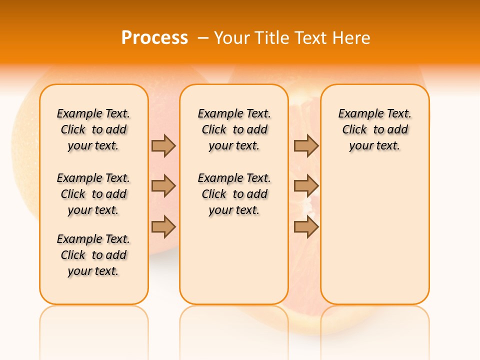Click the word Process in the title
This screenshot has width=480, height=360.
pyautogui.click(x=154, y=38)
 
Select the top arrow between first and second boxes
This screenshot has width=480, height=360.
pyautogui.click(x=163, y=145)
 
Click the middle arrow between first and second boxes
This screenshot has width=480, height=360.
pyautogui.click(x=163, y=186)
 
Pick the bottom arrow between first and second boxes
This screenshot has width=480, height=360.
pyautogui.click(x=163, y=226)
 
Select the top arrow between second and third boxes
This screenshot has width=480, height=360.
pyautogui.click(x=306, y=145)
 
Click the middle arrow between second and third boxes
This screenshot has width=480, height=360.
pyautogui.click(x=306, y=186)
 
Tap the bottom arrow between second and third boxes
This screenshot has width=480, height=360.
pyautogui.click(x=306, y=226)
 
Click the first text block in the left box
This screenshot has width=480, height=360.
pyautogui.click(x=93, y=129)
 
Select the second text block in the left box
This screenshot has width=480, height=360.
pyautogui.click(x=93, y=194)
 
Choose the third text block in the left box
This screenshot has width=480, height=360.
pyautogui.click(x=93, y=255)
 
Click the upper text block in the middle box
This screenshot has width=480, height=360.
pyautogui.click(x=234, y=129)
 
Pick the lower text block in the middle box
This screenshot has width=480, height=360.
pyautogui.click(x=234, y=194)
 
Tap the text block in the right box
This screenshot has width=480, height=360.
pyautogui.click(x=375, y=129)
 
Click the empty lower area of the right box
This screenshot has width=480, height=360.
pyautogui.click(x=375, y=240)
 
